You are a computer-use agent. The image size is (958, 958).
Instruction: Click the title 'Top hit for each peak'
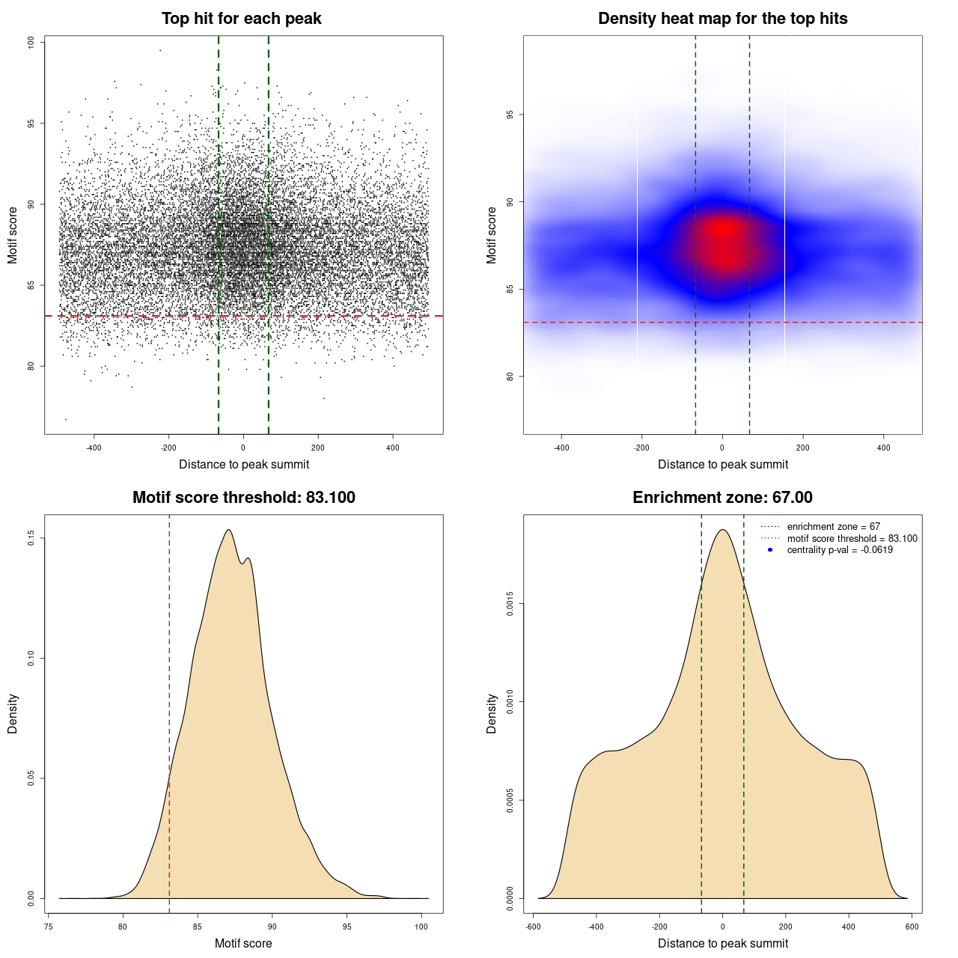[x=242, y=19]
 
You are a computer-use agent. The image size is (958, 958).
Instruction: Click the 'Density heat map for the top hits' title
[x=722, y=19]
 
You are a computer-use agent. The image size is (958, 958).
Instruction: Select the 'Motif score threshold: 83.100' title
[x=243, y=498]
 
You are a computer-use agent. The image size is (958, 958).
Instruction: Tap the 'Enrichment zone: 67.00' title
[x=722, y=498]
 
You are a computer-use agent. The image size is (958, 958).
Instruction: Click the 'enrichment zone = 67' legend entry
[x=833, y=527]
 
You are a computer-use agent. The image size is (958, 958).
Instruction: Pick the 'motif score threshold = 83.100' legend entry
[x=852, y=538]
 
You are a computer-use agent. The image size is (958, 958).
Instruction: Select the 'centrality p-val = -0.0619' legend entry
[x=840, y=550]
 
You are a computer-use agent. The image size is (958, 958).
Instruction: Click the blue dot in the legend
[x=770, y=550]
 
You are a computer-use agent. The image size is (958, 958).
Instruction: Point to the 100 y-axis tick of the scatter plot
[x=31, y=43]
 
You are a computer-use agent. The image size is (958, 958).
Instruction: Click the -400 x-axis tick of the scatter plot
[x=94, y=448]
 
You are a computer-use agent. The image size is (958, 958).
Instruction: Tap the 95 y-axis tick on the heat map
[x=510, y=115]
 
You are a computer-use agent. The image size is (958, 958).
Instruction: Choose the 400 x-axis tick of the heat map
[x=884, y=448]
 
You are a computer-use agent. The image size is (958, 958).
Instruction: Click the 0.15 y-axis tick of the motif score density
[x=31, y=538]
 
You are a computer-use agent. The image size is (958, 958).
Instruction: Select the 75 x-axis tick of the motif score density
[x=49, y=927]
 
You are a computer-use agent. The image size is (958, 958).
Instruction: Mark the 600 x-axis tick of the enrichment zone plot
[x=912, y=927]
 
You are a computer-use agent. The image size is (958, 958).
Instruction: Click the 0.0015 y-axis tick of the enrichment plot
[x=510, y=603]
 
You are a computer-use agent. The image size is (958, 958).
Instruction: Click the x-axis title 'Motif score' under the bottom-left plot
[x=243, y=943]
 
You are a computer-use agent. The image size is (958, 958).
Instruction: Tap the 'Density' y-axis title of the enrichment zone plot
[x=492, y=713]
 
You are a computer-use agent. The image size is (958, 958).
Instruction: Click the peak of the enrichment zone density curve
[x=722, y=530]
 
